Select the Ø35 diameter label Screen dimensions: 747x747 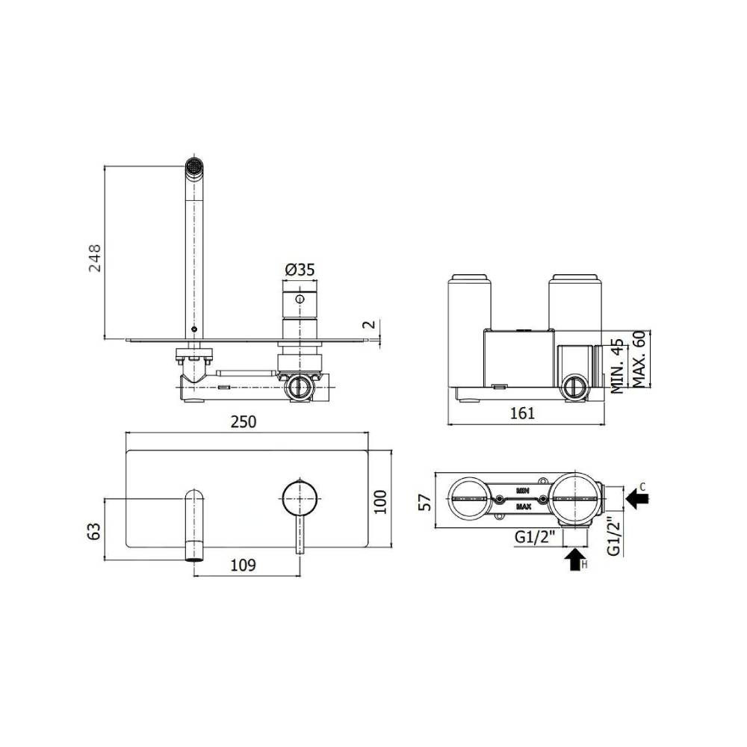(300, 270)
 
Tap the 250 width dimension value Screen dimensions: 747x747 (244, 421)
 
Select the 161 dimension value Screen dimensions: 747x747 (522, 413)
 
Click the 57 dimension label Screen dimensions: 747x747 (424, 502)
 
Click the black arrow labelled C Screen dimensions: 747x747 (636, 496)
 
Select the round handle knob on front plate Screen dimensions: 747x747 (300, 498)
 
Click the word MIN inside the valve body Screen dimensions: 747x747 (524, 491)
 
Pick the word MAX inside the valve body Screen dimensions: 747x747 (524, 506)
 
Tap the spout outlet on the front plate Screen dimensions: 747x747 (194, 553)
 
